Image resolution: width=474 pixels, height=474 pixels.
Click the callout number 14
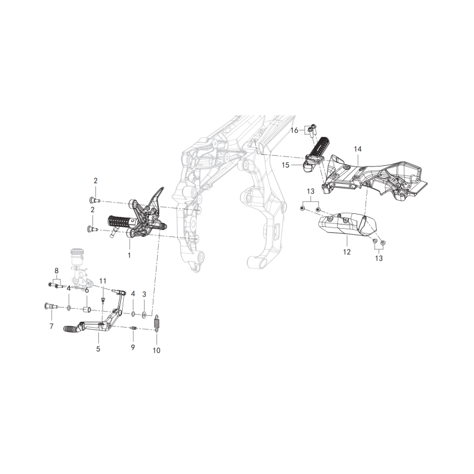pyautogui.click(x=358, y=149)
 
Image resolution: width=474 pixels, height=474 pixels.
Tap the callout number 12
pyautogui.click(x=347, y=252)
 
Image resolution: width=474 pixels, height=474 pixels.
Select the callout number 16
pyautogui.click(x=294, y=130)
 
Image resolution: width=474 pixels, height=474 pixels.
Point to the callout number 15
pyautogui.click(x=286, y=165)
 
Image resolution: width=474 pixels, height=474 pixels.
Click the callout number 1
pyautogui.click(x=129, y=255)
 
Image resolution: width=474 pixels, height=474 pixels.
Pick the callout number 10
pyautogui.click(x=156, y=350)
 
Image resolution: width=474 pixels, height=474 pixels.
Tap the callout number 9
pyautogui.click(x=133, y=347)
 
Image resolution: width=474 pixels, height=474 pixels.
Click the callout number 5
pyautogui.click(x=98, y=349)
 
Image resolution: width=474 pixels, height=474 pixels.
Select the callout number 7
pyautogui.click(x=52, y=326)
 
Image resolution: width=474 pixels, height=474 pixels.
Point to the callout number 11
pyautogui.click(x=103, y=281)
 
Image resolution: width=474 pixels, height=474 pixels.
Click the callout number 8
pyautogui.click(x=56, y=271)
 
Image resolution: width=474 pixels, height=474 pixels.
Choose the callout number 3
pyautogui.click(x=144, y=294)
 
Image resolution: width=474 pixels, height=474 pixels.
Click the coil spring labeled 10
pyautogui.click(x=156, y=324)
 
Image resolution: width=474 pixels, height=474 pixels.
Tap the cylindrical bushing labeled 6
pyautogui.click(x=87, y=310)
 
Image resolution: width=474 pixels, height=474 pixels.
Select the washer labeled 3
pyautogui.click(x=143, y=315)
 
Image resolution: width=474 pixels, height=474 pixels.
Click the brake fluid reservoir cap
pyautogui.click(x=76, y=251)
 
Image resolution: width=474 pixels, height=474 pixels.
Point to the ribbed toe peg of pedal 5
pyautogui.click(x=71, y=329)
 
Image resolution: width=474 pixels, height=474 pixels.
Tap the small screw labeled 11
pyautogui.click(x=102, y=300)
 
